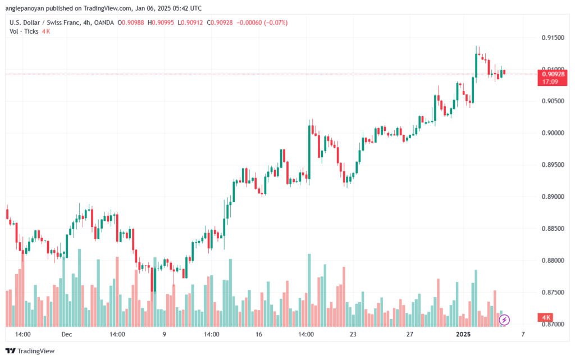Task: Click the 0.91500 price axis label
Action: coord(553,38)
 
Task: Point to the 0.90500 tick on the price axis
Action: coord(553,101)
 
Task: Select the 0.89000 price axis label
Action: coord(553,197)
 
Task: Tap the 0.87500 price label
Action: coord(553,293)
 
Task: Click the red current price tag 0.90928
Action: coord(553,78)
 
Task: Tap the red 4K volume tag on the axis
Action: coord(546,317)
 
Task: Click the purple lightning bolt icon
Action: coord(504,320)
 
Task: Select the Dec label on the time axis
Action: coord(67,334)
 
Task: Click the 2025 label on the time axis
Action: coord(463,334)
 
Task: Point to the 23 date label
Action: coord(353,334)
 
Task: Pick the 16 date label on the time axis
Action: coord(259,334)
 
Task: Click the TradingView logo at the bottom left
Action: coord(30,351)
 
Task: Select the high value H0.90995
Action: coord(161,22)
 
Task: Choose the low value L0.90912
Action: coord(190,22)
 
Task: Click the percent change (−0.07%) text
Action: coord(276,22)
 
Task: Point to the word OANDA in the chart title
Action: coord(104,22)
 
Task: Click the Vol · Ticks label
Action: coord(24,31)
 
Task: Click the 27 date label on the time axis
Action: coord(409,334)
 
